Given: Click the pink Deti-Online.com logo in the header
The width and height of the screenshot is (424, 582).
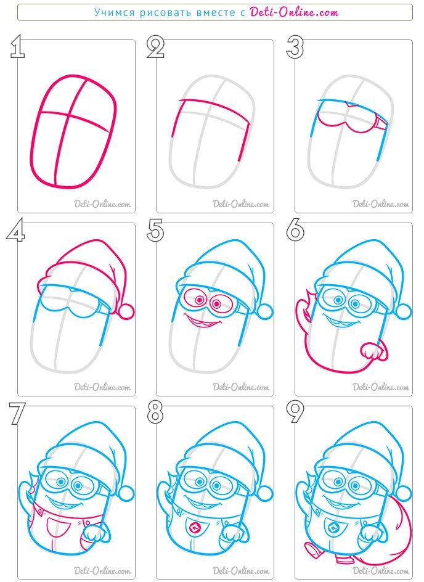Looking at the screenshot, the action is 294,12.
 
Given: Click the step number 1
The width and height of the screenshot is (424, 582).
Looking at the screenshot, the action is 17,46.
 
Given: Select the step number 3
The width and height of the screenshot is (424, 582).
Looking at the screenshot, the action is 295,47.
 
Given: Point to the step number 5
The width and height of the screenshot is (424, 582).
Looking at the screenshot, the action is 155,230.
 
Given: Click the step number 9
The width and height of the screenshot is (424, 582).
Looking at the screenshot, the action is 295,412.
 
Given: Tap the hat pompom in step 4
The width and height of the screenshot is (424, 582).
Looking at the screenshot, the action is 126,311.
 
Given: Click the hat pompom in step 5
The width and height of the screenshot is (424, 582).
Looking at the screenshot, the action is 264,311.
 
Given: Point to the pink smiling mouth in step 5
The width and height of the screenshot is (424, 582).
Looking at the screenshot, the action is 202,321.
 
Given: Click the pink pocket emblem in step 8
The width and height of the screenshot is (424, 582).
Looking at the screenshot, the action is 195,528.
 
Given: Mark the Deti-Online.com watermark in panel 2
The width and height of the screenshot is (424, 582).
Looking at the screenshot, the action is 241,204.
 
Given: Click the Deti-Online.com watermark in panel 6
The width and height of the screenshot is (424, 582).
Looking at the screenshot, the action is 381,387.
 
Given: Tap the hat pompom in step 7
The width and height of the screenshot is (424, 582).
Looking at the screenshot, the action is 126,493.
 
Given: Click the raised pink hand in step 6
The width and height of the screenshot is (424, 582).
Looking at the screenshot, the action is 305,310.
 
